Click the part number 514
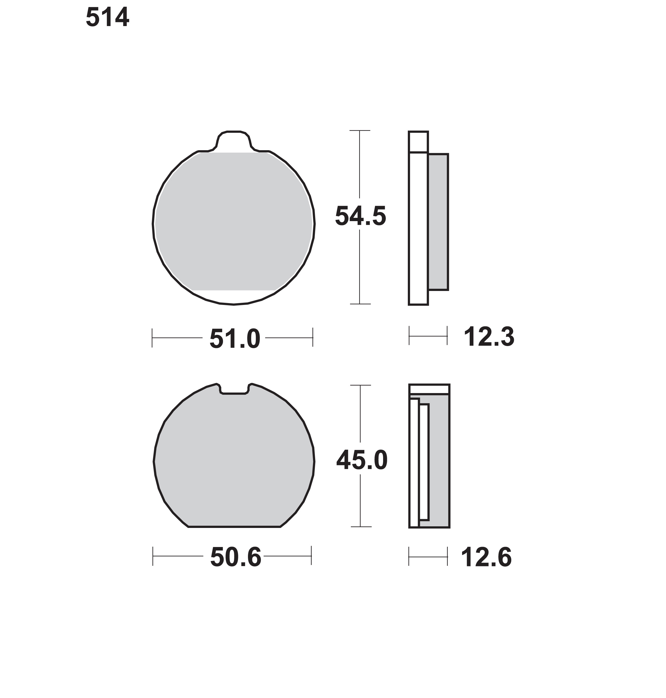tap(107, 18)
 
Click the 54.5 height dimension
tap(360, 216)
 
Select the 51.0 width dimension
tap(235, 339)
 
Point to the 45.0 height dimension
tap(362, 460)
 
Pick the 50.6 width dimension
tap(236, 557)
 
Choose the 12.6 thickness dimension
tap(486, 557)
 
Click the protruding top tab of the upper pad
tap(234, 141)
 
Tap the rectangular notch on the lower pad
tap(234, 389)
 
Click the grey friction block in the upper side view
tap(438, 222)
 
